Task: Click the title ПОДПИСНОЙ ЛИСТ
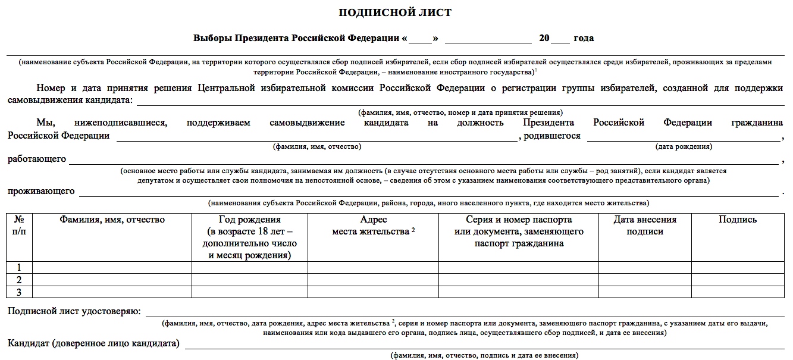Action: tap(395, 12)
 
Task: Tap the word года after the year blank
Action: tap(583, 38)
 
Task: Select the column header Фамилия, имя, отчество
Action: tap(112, 220)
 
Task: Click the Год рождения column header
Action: tap(249, 237)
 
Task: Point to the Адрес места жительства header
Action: tap(373, 226)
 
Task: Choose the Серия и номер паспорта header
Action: tap(519, 231)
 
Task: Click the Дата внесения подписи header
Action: tap(645, 226)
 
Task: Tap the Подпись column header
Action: tap(738, 220)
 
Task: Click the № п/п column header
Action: tap(19, 226)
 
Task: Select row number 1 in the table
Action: tap(19, 268)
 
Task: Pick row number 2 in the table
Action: tap(19, 280)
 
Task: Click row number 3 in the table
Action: tap(19, 292)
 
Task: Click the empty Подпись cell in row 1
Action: tap(738, 268)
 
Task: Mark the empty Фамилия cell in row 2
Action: tap(112, 280)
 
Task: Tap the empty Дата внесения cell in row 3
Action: tap(645, 292)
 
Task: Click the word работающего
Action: tap(37, 159)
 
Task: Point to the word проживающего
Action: tap(41, 192)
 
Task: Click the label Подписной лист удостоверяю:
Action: tap(74, 311)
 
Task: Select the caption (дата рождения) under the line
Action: tap(684, 146)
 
